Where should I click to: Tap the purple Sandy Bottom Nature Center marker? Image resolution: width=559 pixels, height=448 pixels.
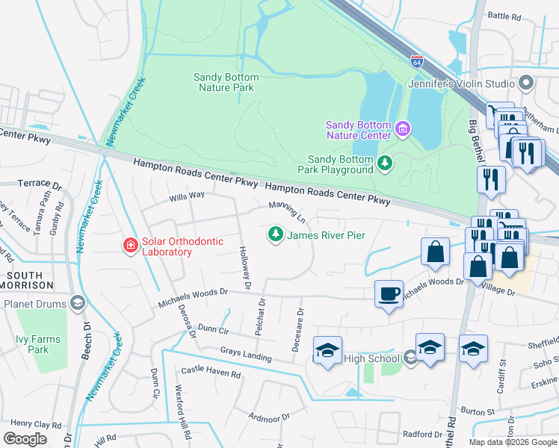coord(403,130)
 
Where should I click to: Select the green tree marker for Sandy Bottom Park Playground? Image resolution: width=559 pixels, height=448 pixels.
coord(385,163)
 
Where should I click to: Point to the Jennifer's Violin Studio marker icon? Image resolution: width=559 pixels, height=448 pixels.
coord(527,83)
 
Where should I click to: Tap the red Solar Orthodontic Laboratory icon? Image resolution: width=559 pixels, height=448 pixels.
coord(130,245)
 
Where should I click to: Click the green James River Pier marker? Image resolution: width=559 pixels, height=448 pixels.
coord(276,235)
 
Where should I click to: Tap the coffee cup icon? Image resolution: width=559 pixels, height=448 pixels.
coord(388,293)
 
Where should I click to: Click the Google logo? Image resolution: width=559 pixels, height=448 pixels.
coord(25,438)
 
